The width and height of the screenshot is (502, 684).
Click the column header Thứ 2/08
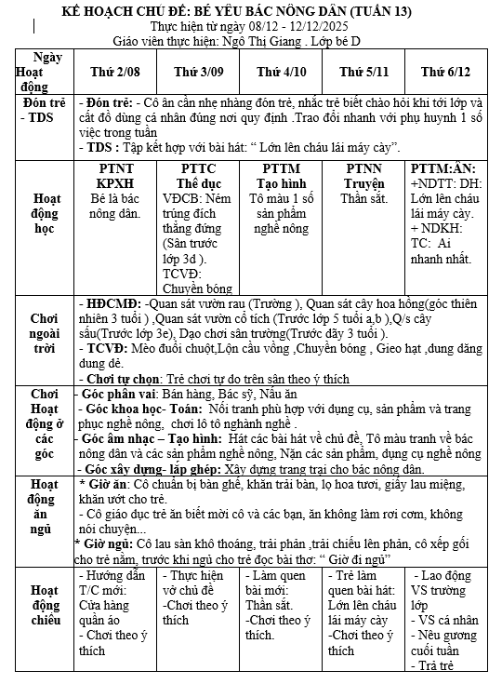114,72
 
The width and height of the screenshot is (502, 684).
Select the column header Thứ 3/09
196,72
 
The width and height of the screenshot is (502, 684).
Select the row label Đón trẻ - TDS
42,110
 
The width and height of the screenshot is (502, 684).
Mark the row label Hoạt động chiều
45,606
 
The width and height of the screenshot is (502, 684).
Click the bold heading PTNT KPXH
115,176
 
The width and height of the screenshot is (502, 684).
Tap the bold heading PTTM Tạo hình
281,176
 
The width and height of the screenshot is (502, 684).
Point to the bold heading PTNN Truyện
363,176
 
